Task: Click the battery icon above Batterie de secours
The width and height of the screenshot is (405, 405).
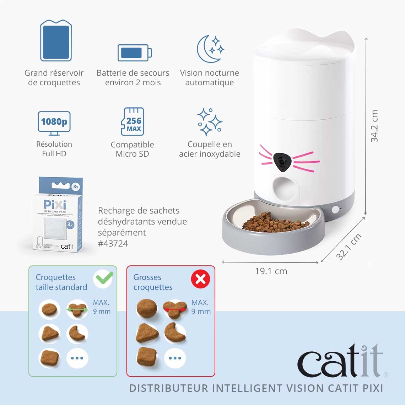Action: click(x=135, y=53)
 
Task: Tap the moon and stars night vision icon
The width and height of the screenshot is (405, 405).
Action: click(x=210, y=49)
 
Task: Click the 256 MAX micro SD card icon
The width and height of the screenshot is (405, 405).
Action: click(x=133, y=122)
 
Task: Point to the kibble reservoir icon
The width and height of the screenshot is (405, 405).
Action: click(x=56, y=40)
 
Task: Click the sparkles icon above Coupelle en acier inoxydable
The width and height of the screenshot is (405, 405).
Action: click(x=210, y=122)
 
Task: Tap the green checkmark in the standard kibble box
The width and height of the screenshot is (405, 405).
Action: click(x=104, y=278)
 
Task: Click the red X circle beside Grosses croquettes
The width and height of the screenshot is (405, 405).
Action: click(x=201, y=279)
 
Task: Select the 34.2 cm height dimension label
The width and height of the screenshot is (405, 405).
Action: click(x=374, y=126)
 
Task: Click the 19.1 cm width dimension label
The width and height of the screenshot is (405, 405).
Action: click(x=271, y=271)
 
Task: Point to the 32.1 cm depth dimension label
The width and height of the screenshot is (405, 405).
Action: click(x=349, y=247)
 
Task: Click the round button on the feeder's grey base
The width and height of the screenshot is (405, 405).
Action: click(x=335, y=210)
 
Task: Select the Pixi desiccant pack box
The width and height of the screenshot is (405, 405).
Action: click(x=58, y=214)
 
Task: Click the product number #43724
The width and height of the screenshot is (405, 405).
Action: click(x=113, y=244)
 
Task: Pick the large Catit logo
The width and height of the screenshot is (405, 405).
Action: click(x=340, y=361)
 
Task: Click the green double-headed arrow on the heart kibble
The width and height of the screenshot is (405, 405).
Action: click(x=77, y=310)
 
